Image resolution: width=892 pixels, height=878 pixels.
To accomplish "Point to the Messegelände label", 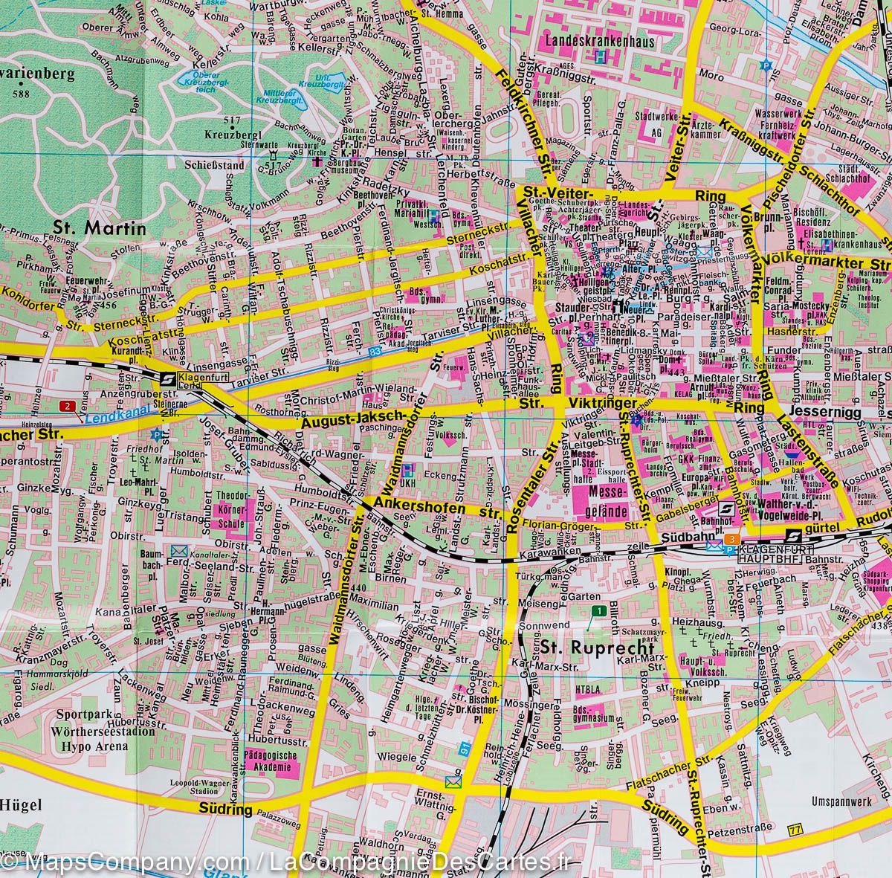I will point(604,500).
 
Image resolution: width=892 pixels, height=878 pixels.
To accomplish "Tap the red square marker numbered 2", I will point(68,406).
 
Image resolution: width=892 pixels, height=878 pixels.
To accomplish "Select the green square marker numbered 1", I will point(598,610).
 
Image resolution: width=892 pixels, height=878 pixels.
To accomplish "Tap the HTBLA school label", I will point(588,690).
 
